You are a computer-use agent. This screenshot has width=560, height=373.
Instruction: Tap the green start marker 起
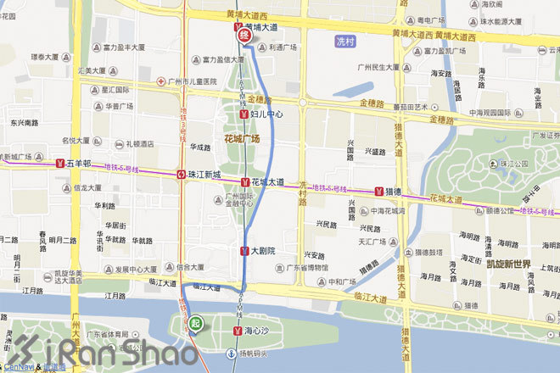196,323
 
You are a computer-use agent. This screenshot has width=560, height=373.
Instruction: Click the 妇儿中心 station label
266,113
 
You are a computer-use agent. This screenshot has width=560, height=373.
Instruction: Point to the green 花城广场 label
242,138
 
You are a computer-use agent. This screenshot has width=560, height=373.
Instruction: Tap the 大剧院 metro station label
263,251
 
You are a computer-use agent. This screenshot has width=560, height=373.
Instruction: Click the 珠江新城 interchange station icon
181,174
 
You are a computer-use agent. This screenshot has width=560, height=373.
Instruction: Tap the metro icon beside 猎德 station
378,192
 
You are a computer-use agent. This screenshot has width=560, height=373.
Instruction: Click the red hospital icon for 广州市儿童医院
160,81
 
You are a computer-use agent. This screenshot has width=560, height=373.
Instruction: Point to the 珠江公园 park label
514,164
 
